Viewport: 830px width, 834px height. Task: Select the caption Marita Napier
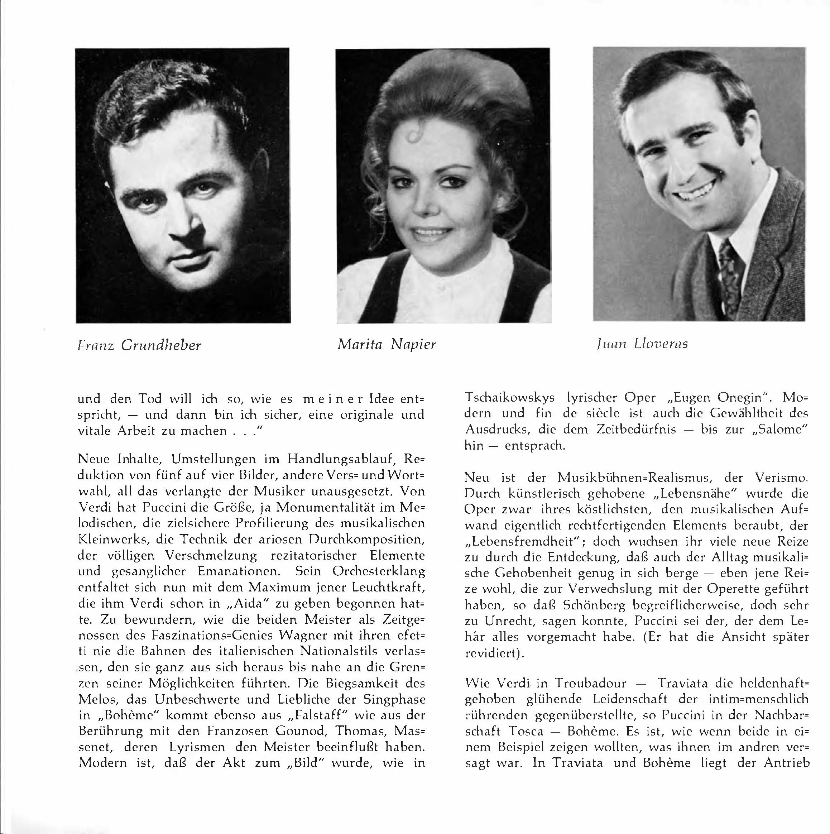coord(387,344)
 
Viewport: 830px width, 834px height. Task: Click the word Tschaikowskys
coord(509,398)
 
